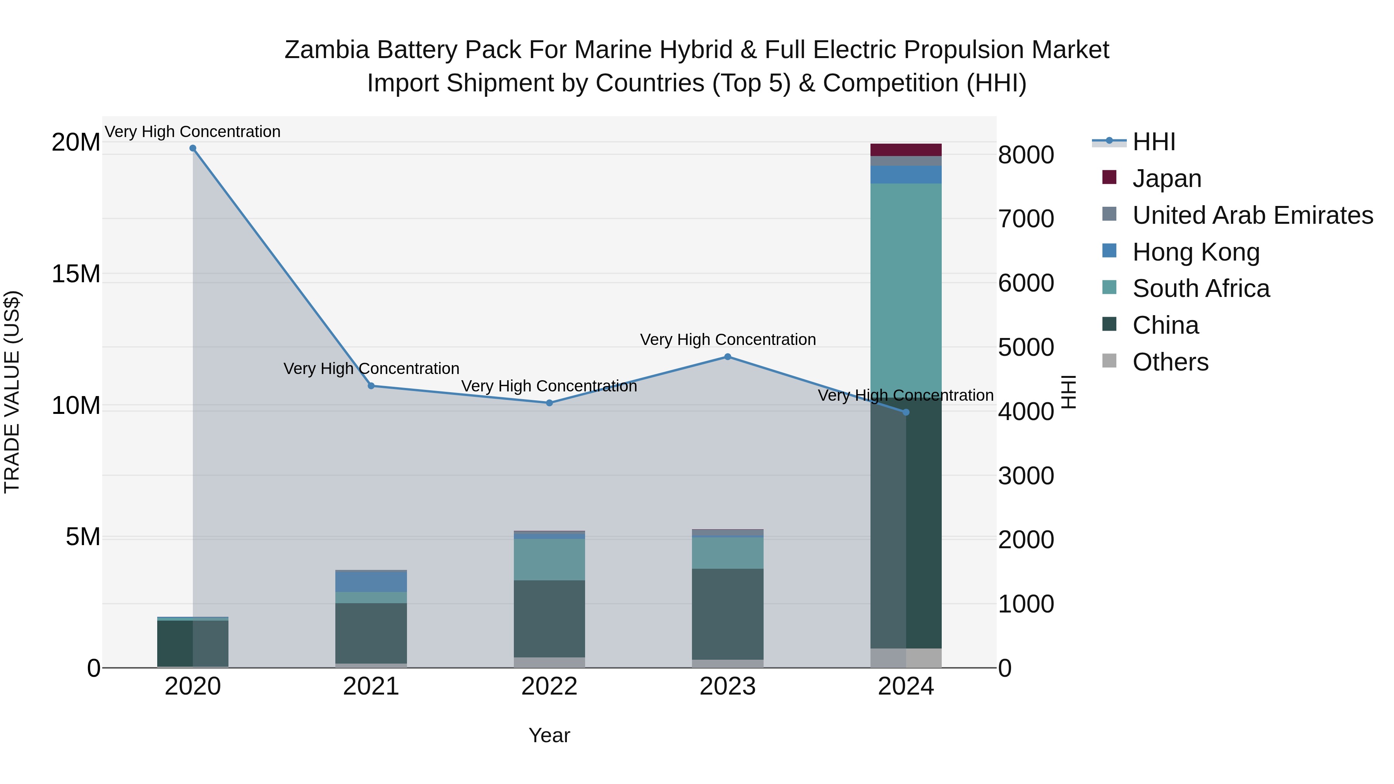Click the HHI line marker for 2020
click(x=193, y=148)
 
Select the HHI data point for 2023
click(x=727, y=357)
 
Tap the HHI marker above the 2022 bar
click(x=549, y=403)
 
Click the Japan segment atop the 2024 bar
click(x=906, y=150)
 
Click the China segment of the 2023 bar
click(x=727, y=614)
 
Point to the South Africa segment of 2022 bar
click(x=549, y=559)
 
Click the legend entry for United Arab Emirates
click(x=1252, y=215)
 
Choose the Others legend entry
click(x=1170, y=362)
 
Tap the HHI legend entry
click(x=1153, y=142)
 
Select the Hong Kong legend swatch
click(x=1109, y=251)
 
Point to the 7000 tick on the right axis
click(x=1025, y=219)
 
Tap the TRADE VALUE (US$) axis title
click(x=12, y=392)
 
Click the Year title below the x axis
click(x=549, y=735)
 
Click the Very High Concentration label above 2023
click(x=727, y=340)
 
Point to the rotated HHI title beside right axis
click(x=1069, y=392)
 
